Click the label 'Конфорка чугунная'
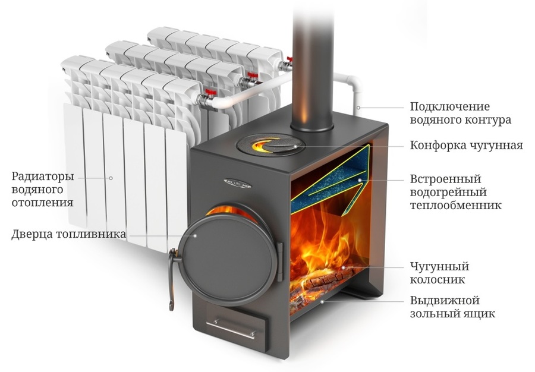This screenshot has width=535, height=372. pyautogui.click(x=466, y=146)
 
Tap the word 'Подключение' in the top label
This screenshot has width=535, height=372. pyautogui.click(x=450, y=107)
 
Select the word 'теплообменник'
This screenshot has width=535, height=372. pyautogui.click(x=455, y=205)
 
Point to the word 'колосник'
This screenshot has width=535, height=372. pyautogui.click(x=437, y=280)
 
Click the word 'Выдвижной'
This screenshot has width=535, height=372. pyautogui.click(x=445, y=301)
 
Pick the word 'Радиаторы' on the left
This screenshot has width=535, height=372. pyautogui.click(x=43, y=176)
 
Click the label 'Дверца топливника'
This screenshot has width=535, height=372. pyautogui.click(x=68, y=234)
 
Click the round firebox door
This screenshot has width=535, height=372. pyautogui.click(x=229, y=260)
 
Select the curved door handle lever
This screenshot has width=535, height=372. pyautogui.click(x=173, y=279)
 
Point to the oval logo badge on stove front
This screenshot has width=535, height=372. pyautogui.click(x=237, y=184)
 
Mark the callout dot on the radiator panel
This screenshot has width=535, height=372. pyautogui.click(x=111, y=178)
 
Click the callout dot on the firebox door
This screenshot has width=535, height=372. pyautogui.click(x=196, y=235)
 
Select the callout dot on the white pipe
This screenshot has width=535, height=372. pyautogui.click(x=358, y=108)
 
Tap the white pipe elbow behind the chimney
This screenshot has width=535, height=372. pyautogui.click(x=353, y=83)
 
